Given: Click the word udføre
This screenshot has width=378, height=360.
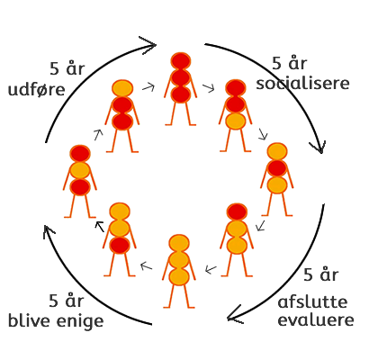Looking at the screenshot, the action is click(36, 90).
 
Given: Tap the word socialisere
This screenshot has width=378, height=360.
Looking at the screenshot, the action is click(302, 83).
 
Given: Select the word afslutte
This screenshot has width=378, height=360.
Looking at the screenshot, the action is click(312, 301).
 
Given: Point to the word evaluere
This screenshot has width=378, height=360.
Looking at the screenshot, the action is click(316, 319).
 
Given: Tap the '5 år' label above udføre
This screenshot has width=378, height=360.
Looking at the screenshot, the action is click(67, 68).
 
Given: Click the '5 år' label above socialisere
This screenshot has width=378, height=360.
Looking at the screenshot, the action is click(290, 63).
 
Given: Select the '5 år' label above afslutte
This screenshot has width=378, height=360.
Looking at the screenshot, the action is click(321, 274).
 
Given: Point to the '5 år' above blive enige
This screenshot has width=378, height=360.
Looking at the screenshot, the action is click(67, 301).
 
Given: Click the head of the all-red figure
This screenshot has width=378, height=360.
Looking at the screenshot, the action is click(181, 61).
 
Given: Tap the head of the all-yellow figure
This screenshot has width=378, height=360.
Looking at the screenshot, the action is click(179, 243).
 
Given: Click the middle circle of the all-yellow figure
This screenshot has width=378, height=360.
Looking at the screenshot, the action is click(179, 260).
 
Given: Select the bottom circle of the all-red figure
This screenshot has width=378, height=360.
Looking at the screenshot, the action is click(181, 94).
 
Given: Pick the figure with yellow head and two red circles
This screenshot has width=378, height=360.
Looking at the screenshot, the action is click(122, 116).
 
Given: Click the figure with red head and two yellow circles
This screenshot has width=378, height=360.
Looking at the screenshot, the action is click(237, 239).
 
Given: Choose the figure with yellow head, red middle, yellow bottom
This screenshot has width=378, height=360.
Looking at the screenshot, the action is click(277, 179).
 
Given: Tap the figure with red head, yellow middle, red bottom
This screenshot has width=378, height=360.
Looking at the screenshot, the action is click(80, 181).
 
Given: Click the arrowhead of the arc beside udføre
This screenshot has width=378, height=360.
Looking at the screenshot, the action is click(148, 45).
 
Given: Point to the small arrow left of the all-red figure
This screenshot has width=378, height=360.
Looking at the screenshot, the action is click(148, 87).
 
